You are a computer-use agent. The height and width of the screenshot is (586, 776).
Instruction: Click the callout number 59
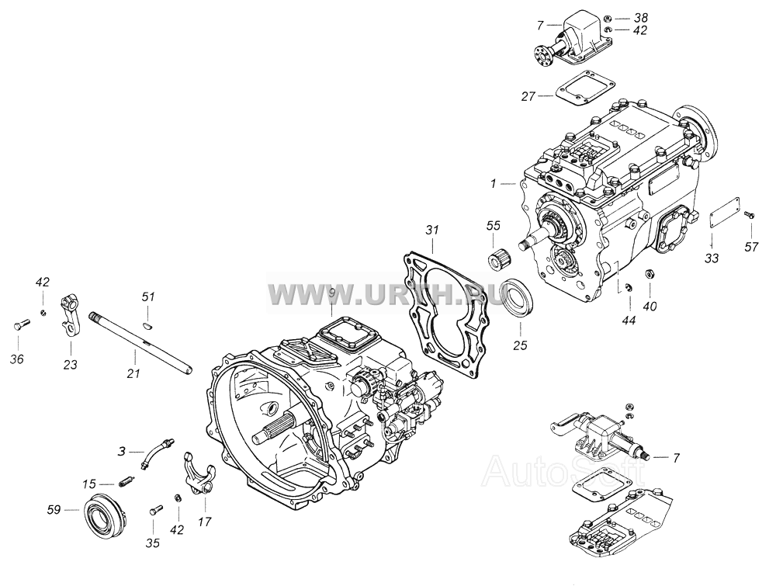tap(54, 509)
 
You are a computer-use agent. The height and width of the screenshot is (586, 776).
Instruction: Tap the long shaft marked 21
tap(141, 342)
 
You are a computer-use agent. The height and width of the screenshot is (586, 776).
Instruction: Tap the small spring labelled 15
tap(126, 480)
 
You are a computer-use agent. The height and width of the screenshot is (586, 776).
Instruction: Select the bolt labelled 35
tap(155, 510)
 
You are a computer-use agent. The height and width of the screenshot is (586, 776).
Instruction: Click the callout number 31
tap(432, 231)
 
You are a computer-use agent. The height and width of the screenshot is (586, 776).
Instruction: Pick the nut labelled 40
tap(649, 274)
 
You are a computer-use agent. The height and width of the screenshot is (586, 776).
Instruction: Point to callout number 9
tap(331, 293)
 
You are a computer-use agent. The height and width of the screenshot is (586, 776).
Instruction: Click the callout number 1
tap(493, 184)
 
